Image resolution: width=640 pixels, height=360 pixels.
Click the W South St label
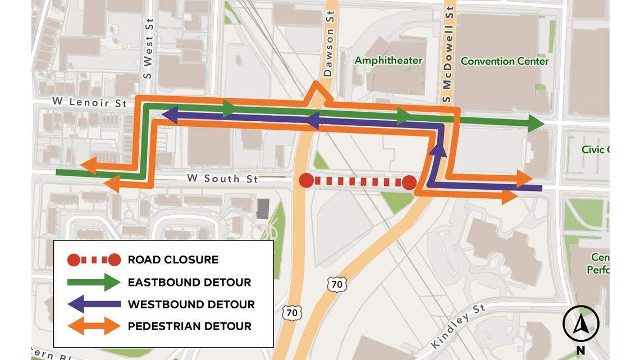[x=222, y=179]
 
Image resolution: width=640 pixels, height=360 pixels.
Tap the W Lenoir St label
[x=89, y=102]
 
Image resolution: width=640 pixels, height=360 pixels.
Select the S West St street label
[x=149, y=48]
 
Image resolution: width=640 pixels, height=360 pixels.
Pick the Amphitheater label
[x=388, y=60]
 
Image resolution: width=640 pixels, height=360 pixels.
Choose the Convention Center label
[x=504, y=61]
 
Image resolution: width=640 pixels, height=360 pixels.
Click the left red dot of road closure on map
[x=306, y=181]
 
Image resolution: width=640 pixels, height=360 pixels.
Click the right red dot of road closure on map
[x=409, y=183]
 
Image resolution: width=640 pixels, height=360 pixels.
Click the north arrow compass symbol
[x=580, y=324]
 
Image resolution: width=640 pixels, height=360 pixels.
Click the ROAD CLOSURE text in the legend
[x=173, y=259]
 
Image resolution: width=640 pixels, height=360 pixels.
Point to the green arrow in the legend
[x=94, y=282]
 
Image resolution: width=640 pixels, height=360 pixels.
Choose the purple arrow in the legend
[x=94, y=304]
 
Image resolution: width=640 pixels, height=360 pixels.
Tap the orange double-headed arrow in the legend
[x=94, y=326]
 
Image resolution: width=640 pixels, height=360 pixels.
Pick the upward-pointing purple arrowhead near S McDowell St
[x=438, y=147]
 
